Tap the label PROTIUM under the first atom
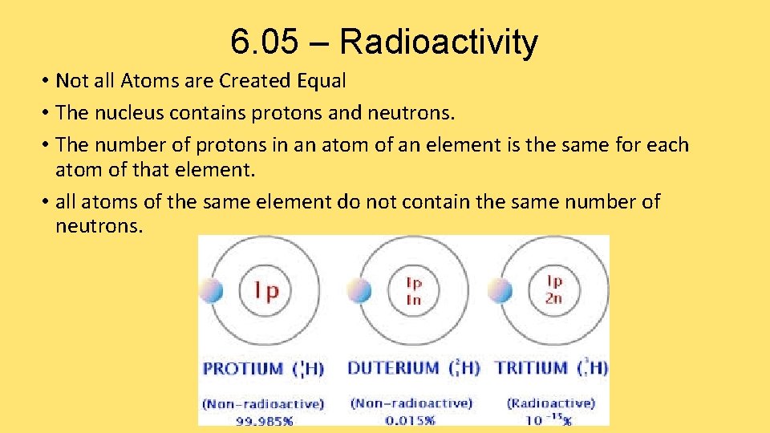coord(243,369)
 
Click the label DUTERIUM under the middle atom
coord(393,369)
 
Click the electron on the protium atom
coord(212,290)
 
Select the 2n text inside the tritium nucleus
coord(554,297)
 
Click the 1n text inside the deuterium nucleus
coord(414,299)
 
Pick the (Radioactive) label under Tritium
coord(550,403)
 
